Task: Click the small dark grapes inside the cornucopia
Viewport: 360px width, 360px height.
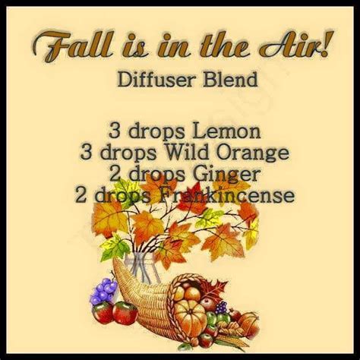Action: click(222, 308)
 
